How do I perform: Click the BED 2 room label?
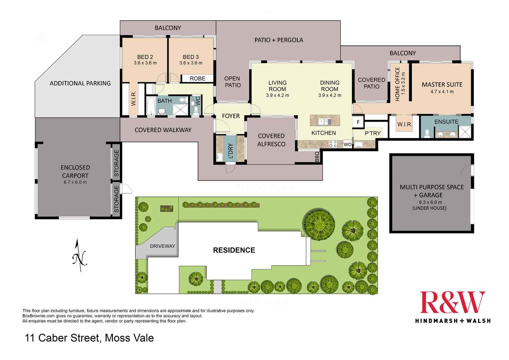pos(145,57)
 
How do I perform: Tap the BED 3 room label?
pos(191,57)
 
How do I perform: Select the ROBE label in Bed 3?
pos(197,79)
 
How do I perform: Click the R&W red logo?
pos(453,302)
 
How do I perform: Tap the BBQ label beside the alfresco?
pos(317,157)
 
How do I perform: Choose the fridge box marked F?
pos(358,122)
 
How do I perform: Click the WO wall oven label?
pos(347,145)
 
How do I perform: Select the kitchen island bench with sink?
pos(325,120)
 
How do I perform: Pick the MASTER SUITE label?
pos(442,85)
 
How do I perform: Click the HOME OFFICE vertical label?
pos(398,84)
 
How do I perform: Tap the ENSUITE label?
pos(446,122)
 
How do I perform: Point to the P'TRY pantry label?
pos(372,133)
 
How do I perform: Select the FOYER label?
pos(231,116)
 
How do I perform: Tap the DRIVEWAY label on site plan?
pos(162,246)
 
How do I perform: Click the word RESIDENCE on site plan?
pos(234,250)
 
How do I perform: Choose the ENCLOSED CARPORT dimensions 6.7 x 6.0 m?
pos(75,182)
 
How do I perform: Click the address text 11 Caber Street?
pos(62,338)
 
